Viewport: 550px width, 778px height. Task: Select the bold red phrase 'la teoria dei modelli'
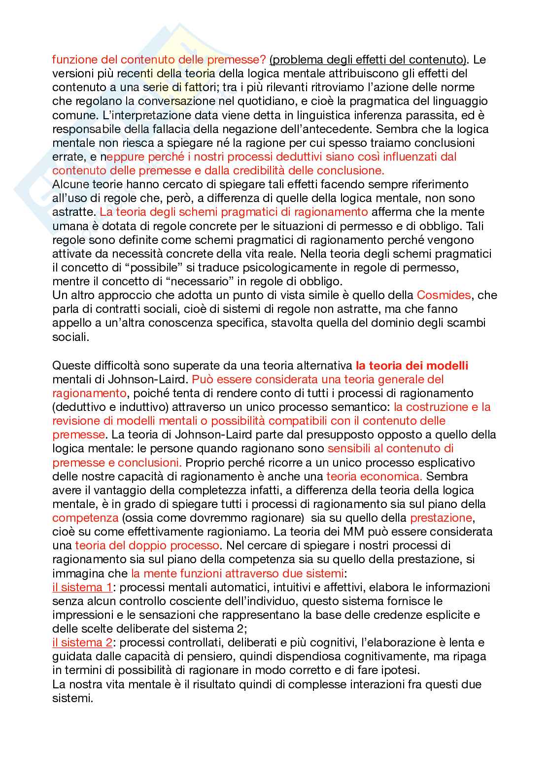pyautogui.click(x=412, y=366)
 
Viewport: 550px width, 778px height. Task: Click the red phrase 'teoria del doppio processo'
pyautogui.click(x=147, y=545)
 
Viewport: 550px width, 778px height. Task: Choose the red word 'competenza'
pyautogui.click(x=85, y=518)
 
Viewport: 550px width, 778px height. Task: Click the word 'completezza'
pyautogui.click(x=223, y=490)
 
